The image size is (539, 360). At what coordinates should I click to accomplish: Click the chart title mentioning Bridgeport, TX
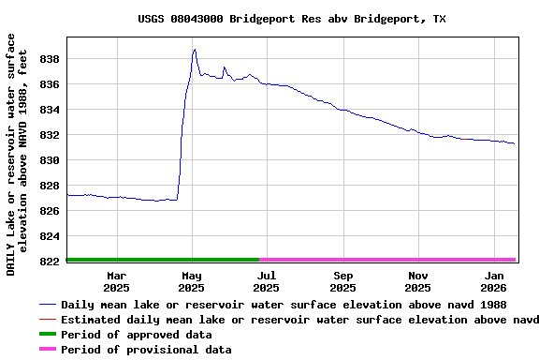tap(291, 19)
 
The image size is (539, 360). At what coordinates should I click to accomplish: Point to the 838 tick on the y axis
tap(51, 59)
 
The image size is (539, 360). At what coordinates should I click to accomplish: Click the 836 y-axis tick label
tap(51, 84)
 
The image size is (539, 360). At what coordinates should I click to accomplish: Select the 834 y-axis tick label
tap(51, 110)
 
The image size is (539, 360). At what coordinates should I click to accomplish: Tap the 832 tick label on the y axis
tap(51, 135)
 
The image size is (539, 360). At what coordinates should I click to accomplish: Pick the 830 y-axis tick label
tap(51, 160)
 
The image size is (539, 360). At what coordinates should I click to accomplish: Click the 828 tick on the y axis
tap(51, 186)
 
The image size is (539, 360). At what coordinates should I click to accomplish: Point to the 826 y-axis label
tap(51, 211)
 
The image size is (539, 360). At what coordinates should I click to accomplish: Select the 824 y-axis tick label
tap(51, 236)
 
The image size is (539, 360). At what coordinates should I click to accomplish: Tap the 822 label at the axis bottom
tap(51, 262)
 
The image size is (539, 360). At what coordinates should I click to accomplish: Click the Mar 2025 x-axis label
tap(117, 281)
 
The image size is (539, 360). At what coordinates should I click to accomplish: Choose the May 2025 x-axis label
tap(192, 281)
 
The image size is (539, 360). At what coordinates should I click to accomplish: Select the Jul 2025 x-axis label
tap(268, 281)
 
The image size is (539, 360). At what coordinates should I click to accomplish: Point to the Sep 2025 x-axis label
tap(343, 281)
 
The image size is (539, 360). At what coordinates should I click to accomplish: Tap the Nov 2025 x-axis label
tap(418, 281)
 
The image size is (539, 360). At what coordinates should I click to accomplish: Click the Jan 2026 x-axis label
tap(494, 281)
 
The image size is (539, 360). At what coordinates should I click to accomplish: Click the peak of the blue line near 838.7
tap(194, 50)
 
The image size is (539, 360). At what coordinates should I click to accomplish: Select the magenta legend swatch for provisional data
tap(47, 350)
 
